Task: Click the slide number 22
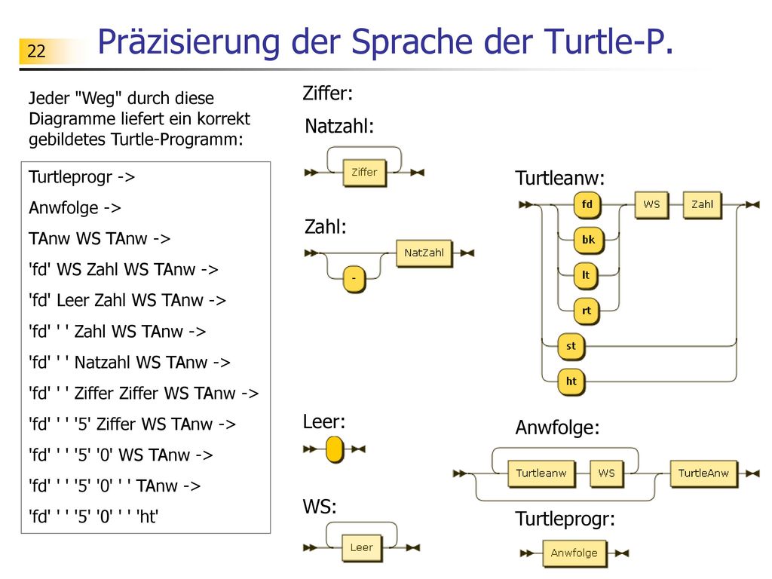click(x=36, y=51)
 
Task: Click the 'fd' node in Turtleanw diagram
click(x=587, y=205)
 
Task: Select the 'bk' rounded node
click(x=588, y=240)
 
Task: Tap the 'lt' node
click(x=586, y=276)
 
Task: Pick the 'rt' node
click(x=587, y=311)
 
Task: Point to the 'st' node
click(x=571, y=347)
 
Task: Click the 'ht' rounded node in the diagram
click(x=571, y=382)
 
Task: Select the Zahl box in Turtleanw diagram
click(x=702, y=205)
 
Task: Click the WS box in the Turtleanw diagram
click(x=651, y=205)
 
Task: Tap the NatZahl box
click(x=424, y=253)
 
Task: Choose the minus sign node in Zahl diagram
click(x=354, y=279)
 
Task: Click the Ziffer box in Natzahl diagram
click(x=364, y=173)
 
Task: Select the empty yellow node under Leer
click(x=334, y=449)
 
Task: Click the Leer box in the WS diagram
click(x=361, y=548)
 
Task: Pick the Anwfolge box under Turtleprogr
click(x=574, y=553)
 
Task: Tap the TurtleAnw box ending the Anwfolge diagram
click(x=703, y=473)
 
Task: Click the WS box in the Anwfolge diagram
click(x=607, y=473)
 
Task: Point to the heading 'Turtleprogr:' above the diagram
click(x=565, y=519)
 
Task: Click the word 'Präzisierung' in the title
click(x=189, y=42)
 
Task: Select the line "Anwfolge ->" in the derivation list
click(x=75, y=208)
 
